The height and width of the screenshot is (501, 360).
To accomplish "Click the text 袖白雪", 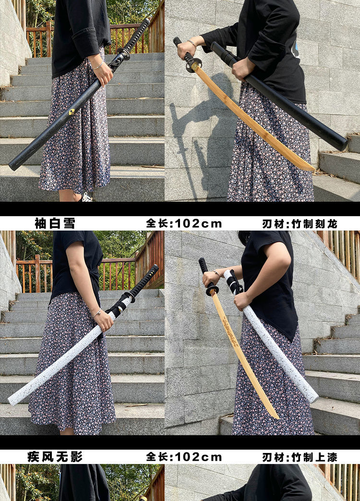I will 55,223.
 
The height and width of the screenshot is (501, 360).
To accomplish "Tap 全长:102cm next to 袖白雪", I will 184,223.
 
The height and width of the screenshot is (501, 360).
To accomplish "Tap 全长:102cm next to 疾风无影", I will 184,457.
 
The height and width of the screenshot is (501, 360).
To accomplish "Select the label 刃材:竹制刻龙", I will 300,223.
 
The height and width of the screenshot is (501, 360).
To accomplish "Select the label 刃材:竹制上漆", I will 300,457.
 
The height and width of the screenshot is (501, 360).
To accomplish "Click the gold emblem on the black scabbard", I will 72,111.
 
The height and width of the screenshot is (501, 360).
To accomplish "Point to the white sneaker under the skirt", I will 86,197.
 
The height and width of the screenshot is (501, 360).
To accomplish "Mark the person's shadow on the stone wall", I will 192,125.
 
